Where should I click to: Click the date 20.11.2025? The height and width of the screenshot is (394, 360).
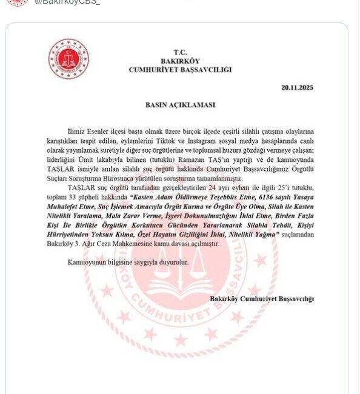tap(297, 87)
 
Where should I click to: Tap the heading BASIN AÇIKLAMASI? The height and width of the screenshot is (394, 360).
tap(180, 104)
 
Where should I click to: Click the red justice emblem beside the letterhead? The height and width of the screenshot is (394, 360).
tap(68, 59)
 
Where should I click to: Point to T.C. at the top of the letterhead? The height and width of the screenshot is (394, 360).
tap(180, 52)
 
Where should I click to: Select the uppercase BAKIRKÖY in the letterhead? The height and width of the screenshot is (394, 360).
tap(180, 61)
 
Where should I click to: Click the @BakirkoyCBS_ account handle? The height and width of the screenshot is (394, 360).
tap(67, 2)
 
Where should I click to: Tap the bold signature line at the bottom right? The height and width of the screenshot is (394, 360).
tap(262, 298)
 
